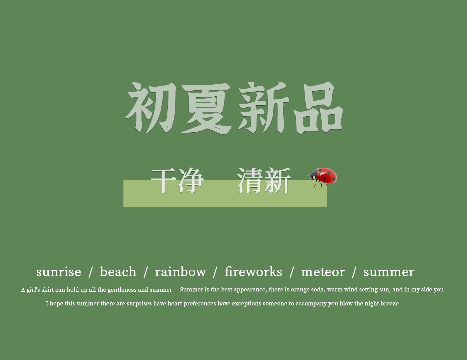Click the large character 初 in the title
click(150, 107)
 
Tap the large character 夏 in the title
click(206, 108)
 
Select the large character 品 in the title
click(318, 108)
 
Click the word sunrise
click(59, 272)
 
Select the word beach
click(118, 272)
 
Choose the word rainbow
click(180, 272)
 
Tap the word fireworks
click(254, 272)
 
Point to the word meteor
click(323, 272)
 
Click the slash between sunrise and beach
click(90, 272)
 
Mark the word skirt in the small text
click(47, 290)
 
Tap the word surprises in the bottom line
click(139, 304)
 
